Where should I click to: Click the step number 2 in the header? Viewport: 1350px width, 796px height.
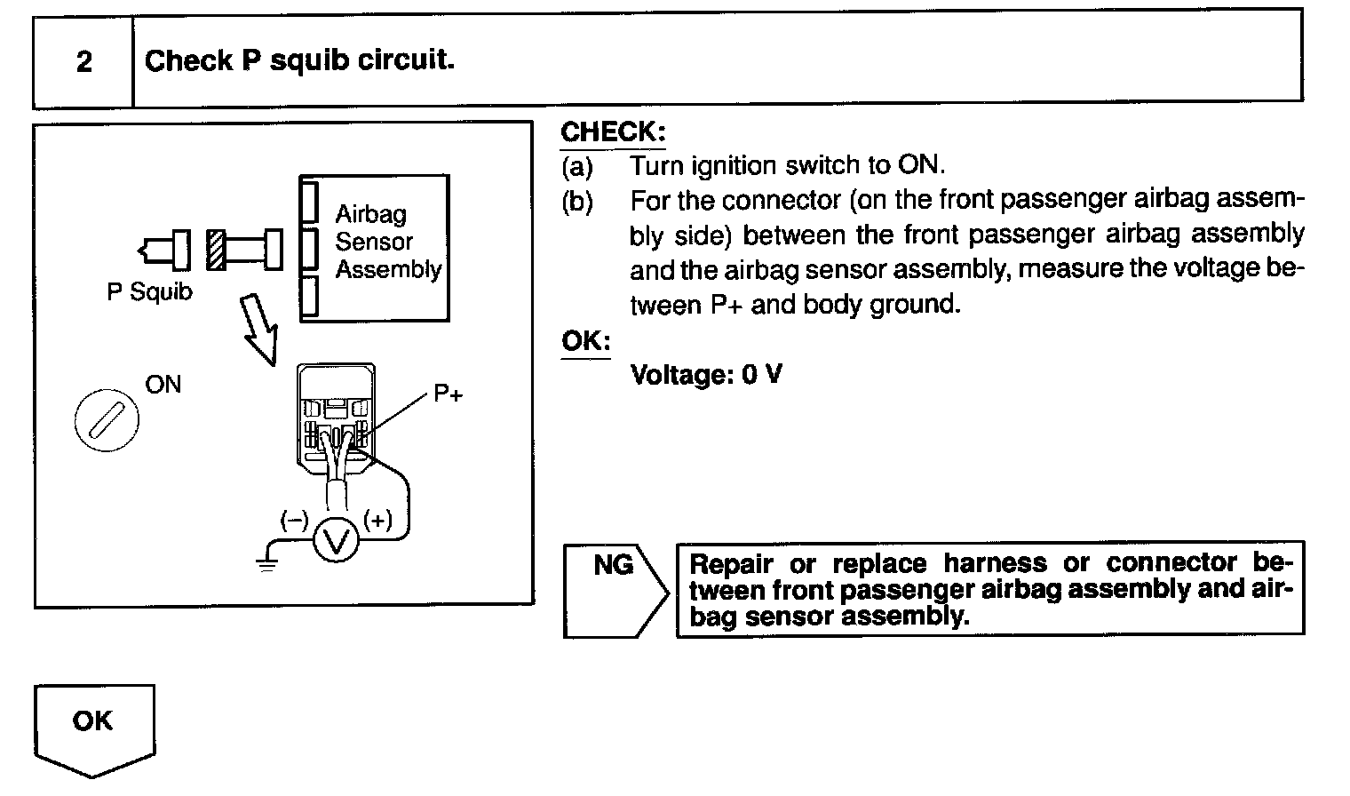click(x=83, y=61)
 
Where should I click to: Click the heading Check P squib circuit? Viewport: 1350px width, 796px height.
click(x=299, y=60)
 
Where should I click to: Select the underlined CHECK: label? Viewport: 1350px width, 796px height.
click(x=613, y=132)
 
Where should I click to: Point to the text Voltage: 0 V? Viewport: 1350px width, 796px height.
click(x=706, y=374)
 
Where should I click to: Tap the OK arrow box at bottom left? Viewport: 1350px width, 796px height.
click(x=93, y=724)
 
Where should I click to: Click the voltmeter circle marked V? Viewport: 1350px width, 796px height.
click(x=336, y=539)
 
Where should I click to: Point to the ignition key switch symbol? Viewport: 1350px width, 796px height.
click(x=106, y=420)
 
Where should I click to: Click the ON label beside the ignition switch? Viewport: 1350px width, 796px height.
click(x=163, y=385)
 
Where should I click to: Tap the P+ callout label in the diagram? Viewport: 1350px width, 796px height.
click(x=449, y=394)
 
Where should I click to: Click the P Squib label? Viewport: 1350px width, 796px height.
click(x=149, y=291)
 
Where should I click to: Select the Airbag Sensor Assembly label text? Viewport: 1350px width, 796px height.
click(x=386, y=242)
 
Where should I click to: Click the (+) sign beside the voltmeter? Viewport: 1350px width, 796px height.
click(x=377, y=520)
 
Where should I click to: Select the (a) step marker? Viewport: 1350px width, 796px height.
click(x=577, y=165)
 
